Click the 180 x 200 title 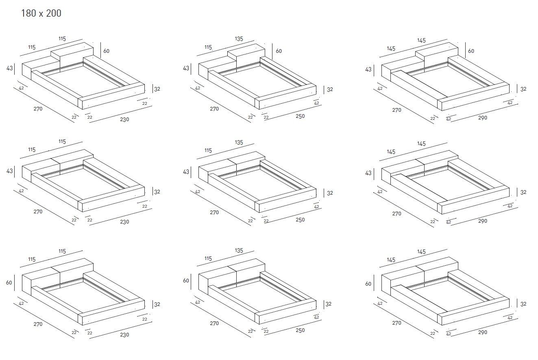(x=41, y=13)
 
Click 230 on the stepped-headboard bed (x=124, y=119)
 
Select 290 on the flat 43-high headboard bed (x=483, y=221)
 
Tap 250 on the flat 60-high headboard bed (x=300, y=330)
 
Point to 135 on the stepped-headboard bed (x=239, y=39)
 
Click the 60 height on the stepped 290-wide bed (x=471, y=51)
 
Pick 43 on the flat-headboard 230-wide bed (x=9, y=171)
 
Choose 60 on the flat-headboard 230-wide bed (x=9, y=282)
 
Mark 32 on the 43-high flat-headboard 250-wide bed (x=330, y=193)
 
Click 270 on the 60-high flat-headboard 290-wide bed (x=396, y=323)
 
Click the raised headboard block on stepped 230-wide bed (x=72, y=53)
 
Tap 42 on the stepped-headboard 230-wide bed (x=21, y=88)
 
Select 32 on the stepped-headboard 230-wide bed (x=157, y=89)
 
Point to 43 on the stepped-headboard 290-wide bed (x=368, y=69)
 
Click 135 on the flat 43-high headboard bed (x=239, y=143)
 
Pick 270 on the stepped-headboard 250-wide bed (x=214, y=109)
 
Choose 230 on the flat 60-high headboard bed (x=124, y=334)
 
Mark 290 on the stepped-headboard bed (x=483, y=118)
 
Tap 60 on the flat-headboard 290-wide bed (x=368, y=284)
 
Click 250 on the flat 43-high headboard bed (x=300, y=220)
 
